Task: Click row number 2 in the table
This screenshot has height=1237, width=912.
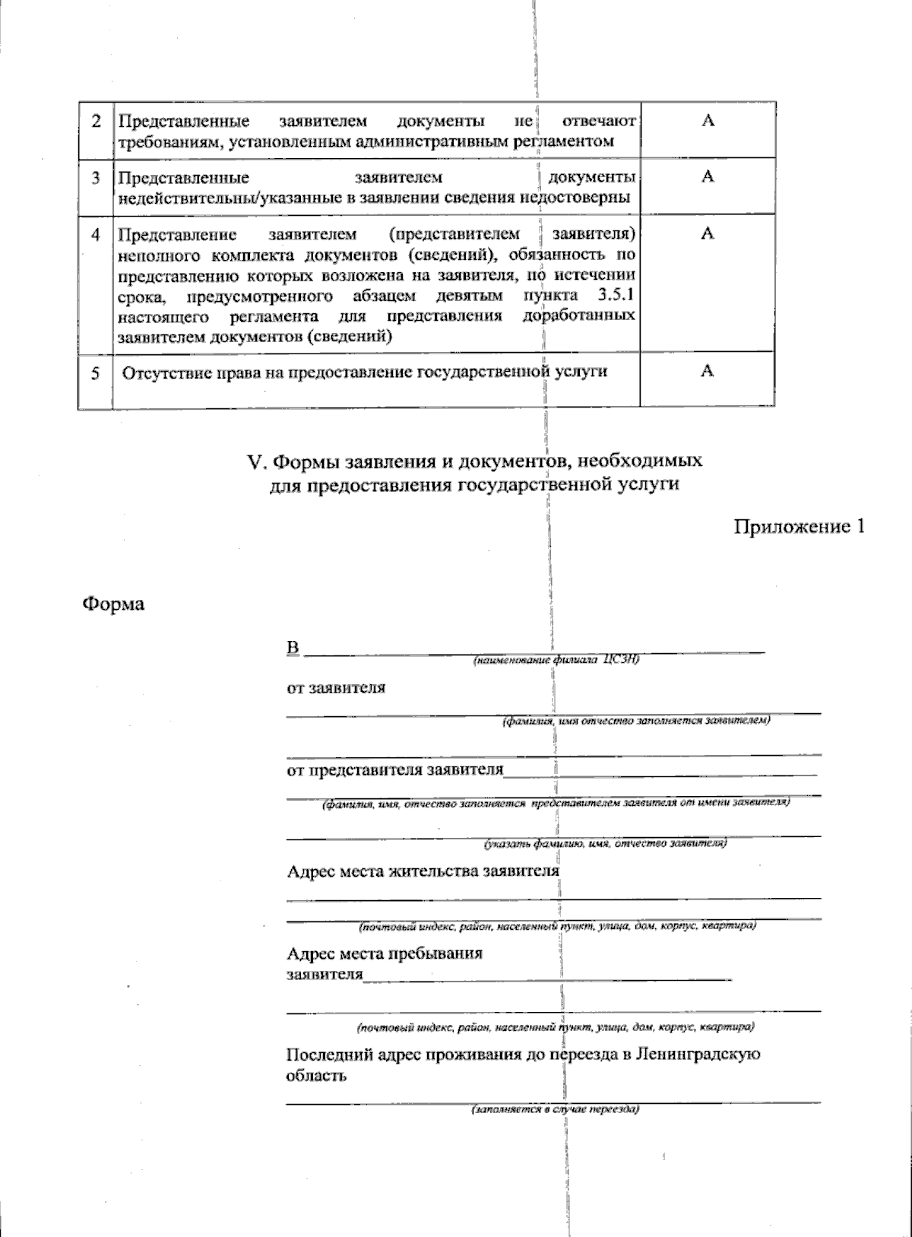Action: [96, 122]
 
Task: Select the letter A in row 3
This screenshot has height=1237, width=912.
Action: [707, 177]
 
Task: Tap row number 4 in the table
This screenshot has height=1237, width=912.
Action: [96, 234]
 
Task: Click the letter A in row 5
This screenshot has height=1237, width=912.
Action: [707, 370]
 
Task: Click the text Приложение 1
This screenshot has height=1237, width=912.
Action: [799, 526]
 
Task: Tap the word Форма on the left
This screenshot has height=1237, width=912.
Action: [113, 604]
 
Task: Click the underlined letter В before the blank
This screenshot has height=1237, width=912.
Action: [293, 649]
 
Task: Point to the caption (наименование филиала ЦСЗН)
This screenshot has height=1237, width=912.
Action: [556, 660]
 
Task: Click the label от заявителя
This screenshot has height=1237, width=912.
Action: [335, 688]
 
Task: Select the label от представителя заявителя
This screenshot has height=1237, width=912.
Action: [394, 770]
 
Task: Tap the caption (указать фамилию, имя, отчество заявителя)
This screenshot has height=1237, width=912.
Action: [605, 843]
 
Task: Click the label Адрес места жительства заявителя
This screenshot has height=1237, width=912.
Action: [423, 871]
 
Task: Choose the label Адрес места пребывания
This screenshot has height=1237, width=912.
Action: [385, 953]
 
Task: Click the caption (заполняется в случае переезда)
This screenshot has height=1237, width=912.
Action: [555, 1109]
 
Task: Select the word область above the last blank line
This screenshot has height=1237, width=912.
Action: [316, 1076]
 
